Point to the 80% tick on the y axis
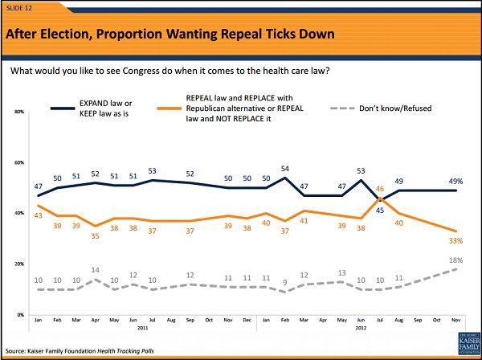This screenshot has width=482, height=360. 19,112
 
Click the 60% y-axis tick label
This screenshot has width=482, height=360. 19,162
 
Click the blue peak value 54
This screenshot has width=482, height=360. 284,170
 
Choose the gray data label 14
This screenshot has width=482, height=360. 96,270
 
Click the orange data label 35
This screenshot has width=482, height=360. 96,236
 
